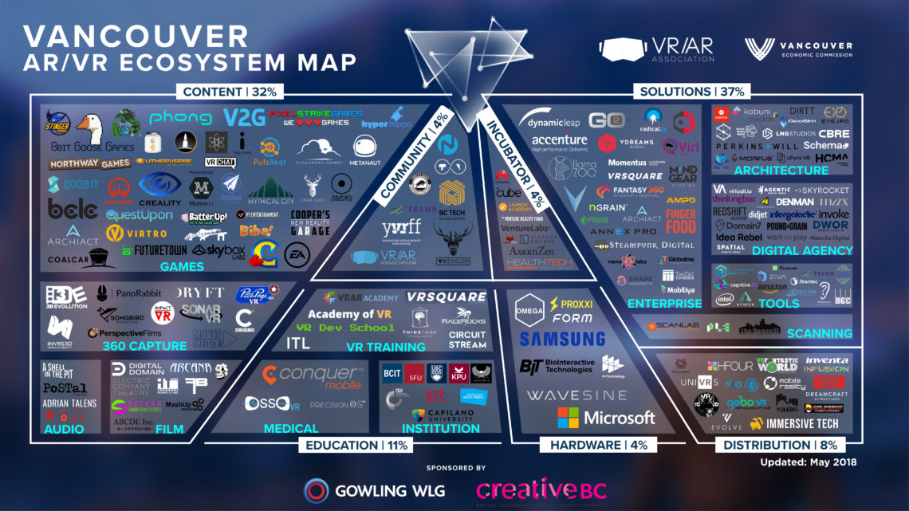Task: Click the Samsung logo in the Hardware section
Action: pos(562,339)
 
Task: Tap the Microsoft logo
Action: pos(607,417)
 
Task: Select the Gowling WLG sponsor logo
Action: pos(375,489)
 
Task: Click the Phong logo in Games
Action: pos(180,119)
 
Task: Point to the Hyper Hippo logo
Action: pos(386,124)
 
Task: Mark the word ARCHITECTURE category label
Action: pos(781,170)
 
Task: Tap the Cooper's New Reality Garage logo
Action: pos(309,222)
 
